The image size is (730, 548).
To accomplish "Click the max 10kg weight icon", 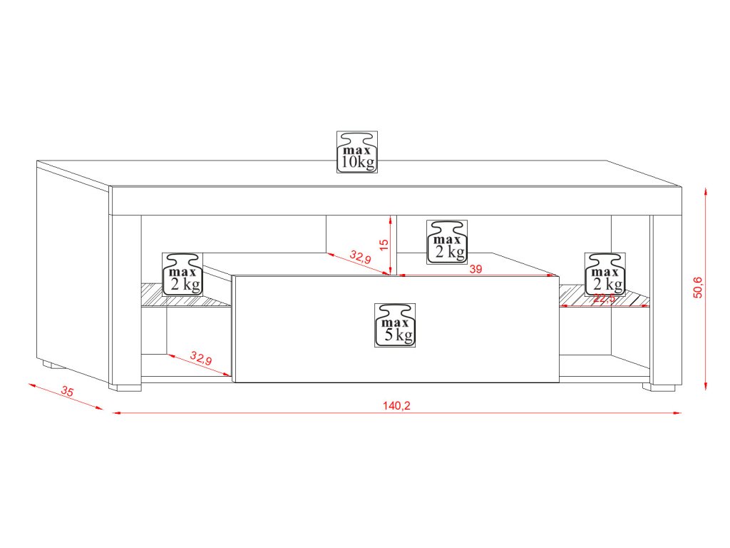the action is [x=357, y=152].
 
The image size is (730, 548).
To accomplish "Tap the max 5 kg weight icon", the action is [x=396, y=325].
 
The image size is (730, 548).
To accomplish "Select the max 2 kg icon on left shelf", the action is [x=183, y=273].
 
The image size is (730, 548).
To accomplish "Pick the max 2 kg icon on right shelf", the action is [x=605, y=273].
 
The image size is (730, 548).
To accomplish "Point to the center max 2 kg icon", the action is [x=447, y=241].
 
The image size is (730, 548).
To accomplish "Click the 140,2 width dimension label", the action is [x=397, y=405].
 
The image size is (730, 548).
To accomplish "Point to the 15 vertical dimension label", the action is [x=384, y=244].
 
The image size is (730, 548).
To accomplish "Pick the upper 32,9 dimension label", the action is [x=360, y=258].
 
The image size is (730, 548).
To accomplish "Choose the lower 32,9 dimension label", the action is [x=201, y=358].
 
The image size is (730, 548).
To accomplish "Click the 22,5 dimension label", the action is [x=605, y=299].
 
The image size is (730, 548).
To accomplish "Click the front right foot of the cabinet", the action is [x=659, y=387].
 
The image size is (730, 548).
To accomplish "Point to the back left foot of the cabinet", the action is [x=49, y=365].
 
